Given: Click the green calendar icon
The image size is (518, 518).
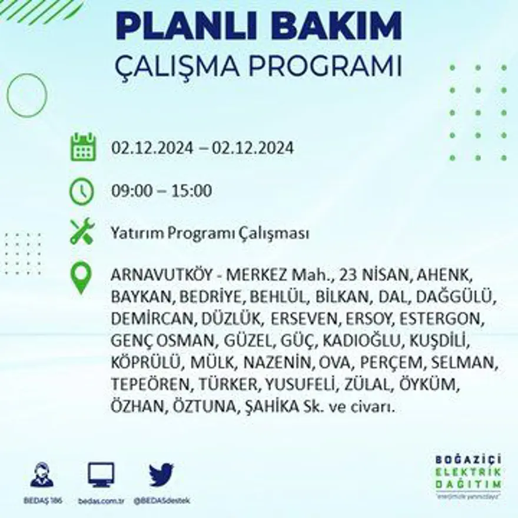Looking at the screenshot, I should tap(83, 147).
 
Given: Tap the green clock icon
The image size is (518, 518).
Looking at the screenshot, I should tap(82, 191).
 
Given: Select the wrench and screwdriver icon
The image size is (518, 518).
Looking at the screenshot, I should tap(82, 231).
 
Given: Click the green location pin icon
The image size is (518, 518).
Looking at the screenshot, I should tap(81, 278).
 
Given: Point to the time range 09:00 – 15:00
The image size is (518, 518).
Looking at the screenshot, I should tap(161, 191).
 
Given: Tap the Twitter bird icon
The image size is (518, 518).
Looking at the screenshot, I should tap(161, 474).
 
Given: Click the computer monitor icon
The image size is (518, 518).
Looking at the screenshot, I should tap(101, 474).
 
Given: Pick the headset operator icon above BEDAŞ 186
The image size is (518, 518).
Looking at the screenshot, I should tap(41, 474).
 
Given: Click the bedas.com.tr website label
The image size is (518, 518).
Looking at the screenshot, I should tap(101, 501).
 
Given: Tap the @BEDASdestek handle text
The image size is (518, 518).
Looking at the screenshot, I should tap(161, 501).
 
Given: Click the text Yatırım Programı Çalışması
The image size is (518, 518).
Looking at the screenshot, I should tap(210, 234).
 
